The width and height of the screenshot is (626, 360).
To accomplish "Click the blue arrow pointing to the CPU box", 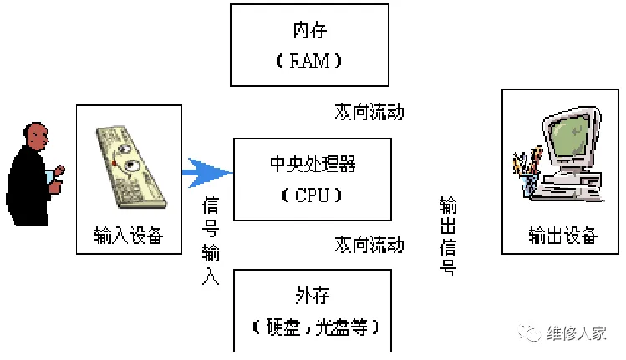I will click(x=206, y=173).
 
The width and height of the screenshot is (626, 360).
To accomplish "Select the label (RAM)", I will click(x=310, y=61).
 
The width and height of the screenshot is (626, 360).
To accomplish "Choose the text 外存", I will click(x=312, y=296).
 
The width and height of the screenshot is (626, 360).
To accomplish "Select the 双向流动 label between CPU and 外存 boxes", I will click(x=369, y=245).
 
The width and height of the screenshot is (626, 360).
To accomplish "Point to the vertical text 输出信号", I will click(x=449, y=237).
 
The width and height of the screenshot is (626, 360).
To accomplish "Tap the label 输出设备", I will click(x=562, y=236).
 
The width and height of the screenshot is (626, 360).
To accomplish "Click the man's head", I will click(x=36, y=135).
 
